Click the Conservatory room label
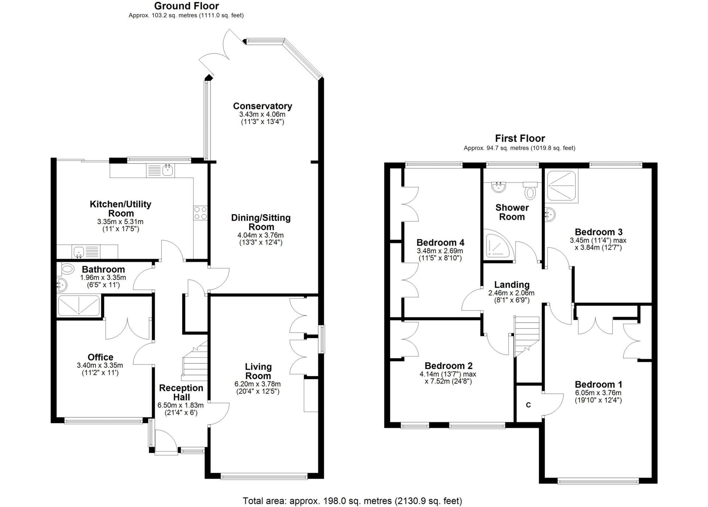point(262,106)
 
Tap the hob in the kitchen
point(201,213)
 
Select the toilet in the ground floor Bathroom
point(67,269)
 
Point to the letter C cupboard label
point(528,405)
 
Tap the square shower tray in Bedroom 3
point(562,187)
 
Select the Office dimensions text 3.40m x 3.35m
point(100,365)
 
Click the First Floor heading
point(520,138)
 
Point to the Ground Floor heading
point(186,6)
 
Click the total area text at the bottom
point(352,501)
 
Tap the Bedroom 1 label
point(598,384)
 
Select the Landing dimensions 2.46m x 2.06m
point(511,293)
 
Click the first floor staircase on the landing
point(527,336)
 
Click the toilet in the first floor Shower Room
point(530,191)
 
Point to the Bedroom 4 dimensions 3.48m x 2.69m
point(440,251)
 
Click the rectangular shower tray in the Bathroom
point(79,305)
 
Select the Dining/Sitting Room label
point(261,222)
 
